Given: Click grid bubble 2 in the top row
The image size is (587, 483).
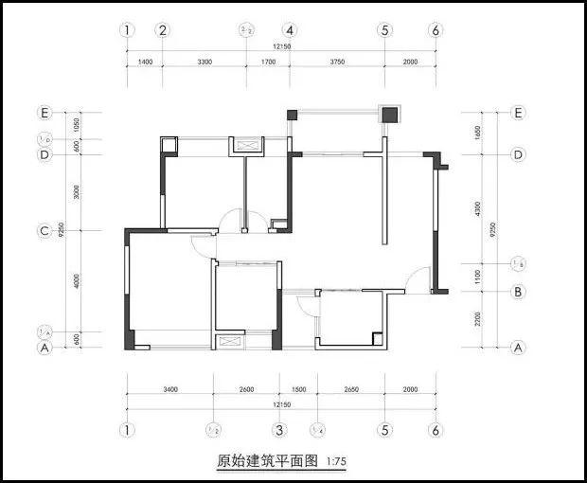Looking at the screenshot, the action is (x=163, y=30).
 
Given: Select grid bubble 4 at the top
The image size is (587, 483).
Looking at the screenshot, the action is (x=290, y=30).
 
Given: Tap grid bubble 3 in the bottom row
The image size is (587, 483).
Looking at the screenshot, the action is (x=279, y=430).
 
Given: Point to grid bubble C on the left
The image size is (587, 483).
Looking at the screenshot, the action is (x=44, y=230).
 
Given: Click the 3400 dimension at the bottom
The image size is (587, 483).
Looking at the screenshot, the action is (x=170, y=389).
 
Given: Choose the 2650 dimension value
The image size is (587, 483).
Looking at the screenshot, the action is (x=350, y=389).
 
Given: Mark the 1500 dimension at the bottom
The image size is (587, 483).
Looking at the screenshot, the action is (x=298, y=389).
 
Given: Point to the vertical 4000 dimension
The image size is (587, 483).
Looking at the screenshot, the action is (x=78, y=280).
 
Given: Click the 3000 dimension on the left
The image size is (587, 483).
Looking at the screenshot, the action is (x=78, y=192).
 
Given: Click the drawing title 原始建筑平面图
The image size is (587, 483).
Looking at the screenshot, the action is (x=268, y=462).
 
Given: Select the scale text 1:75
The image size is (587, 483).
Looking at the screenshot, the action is (x=336, y=463).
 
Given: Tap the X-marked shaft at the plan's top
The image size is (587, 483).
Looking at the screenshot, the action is (x=251, y=145).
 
